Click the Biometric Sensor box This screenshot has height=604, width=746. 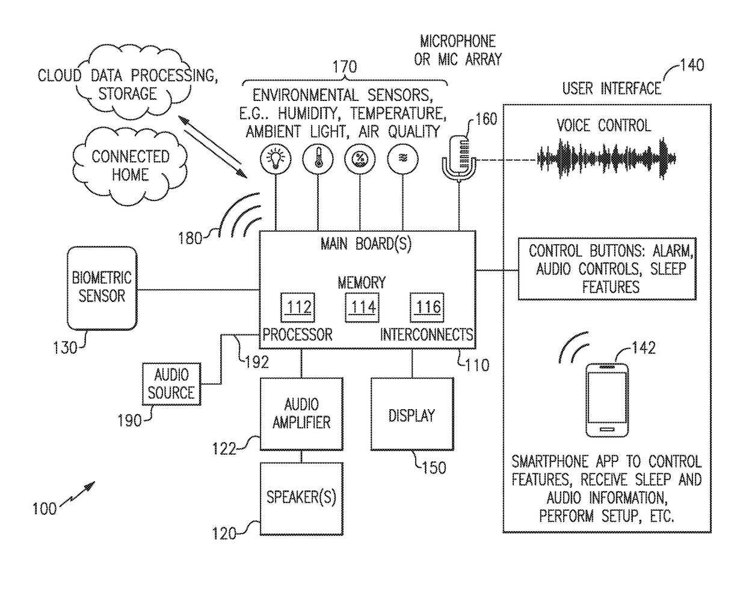(102, 288)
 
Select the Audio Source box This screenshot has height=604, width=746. (171, 384)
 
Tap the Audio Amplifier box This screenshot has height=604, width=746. (301, 413)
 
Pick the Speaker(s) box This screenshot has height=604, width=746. (301, 498)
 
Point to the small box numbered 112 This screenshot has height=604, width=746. (298, 307)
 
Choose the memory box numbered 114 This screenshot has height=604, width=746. (363, 307)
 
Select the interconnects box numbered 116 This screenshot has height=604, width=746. (428, 307)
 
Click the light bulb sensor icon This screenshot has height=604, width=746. (276, 159)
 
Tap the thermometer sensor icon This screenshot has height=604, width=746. (318, 159)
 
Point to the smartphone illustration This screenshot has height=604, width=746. (608, 399)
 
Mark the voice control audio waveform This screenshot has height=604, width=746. (606, 159)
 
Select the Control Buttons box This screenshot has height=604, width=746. (607, 268)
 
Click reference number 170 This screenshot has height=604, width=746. (345, 67)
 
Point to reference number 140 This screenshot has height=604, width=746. (692, 64)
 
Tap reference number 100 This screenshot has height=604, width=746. (44, 509)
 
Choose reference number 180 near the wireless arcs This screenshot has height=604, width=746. (190, 238)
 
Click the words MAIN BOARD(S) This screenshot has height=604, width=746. (366, 244)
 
